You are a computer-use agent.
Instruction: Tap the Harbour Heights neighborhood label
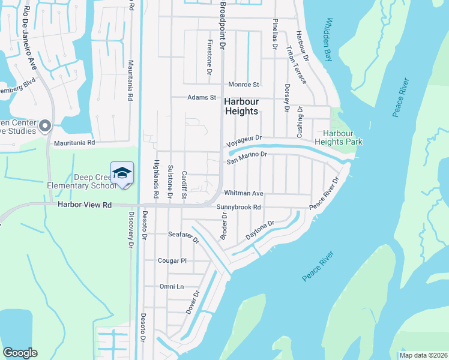[241, 106]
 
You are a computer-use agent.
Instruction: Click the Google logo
[20, 353]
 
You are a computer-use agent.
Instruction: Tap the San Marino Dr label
[246, 157]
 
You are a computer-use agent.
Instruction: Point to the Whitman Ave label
[243, 193]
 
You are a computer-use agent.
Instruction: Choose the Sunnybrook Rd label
[240, 208]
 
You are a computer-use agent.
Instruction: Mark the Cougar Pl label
[172, 261]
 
